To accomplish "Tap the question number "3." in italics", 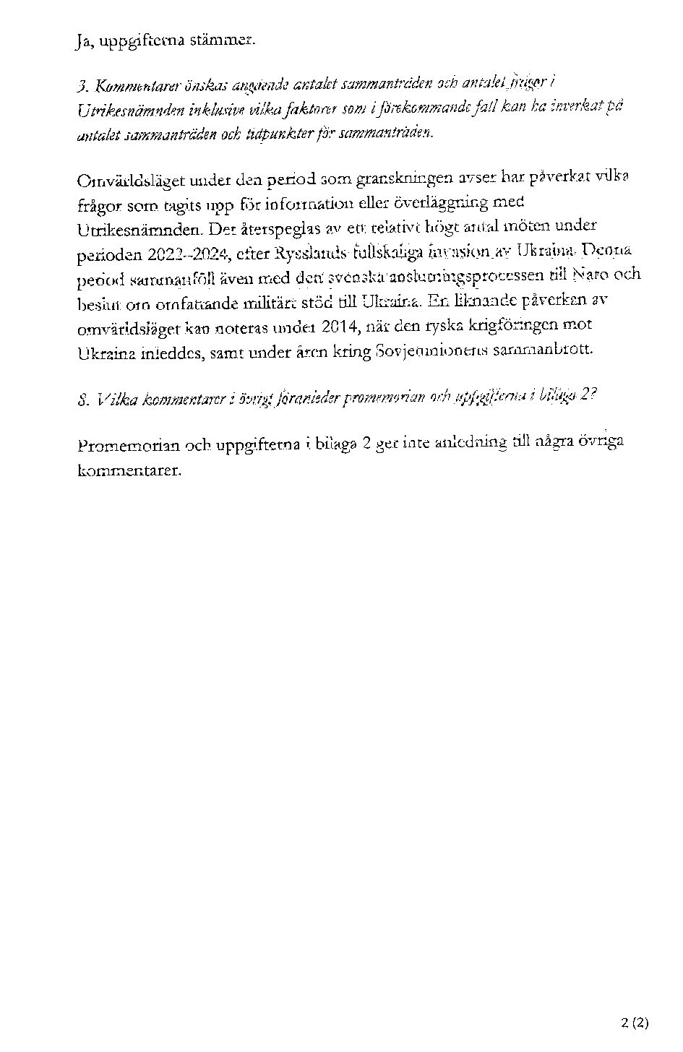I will click(81, 88).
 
